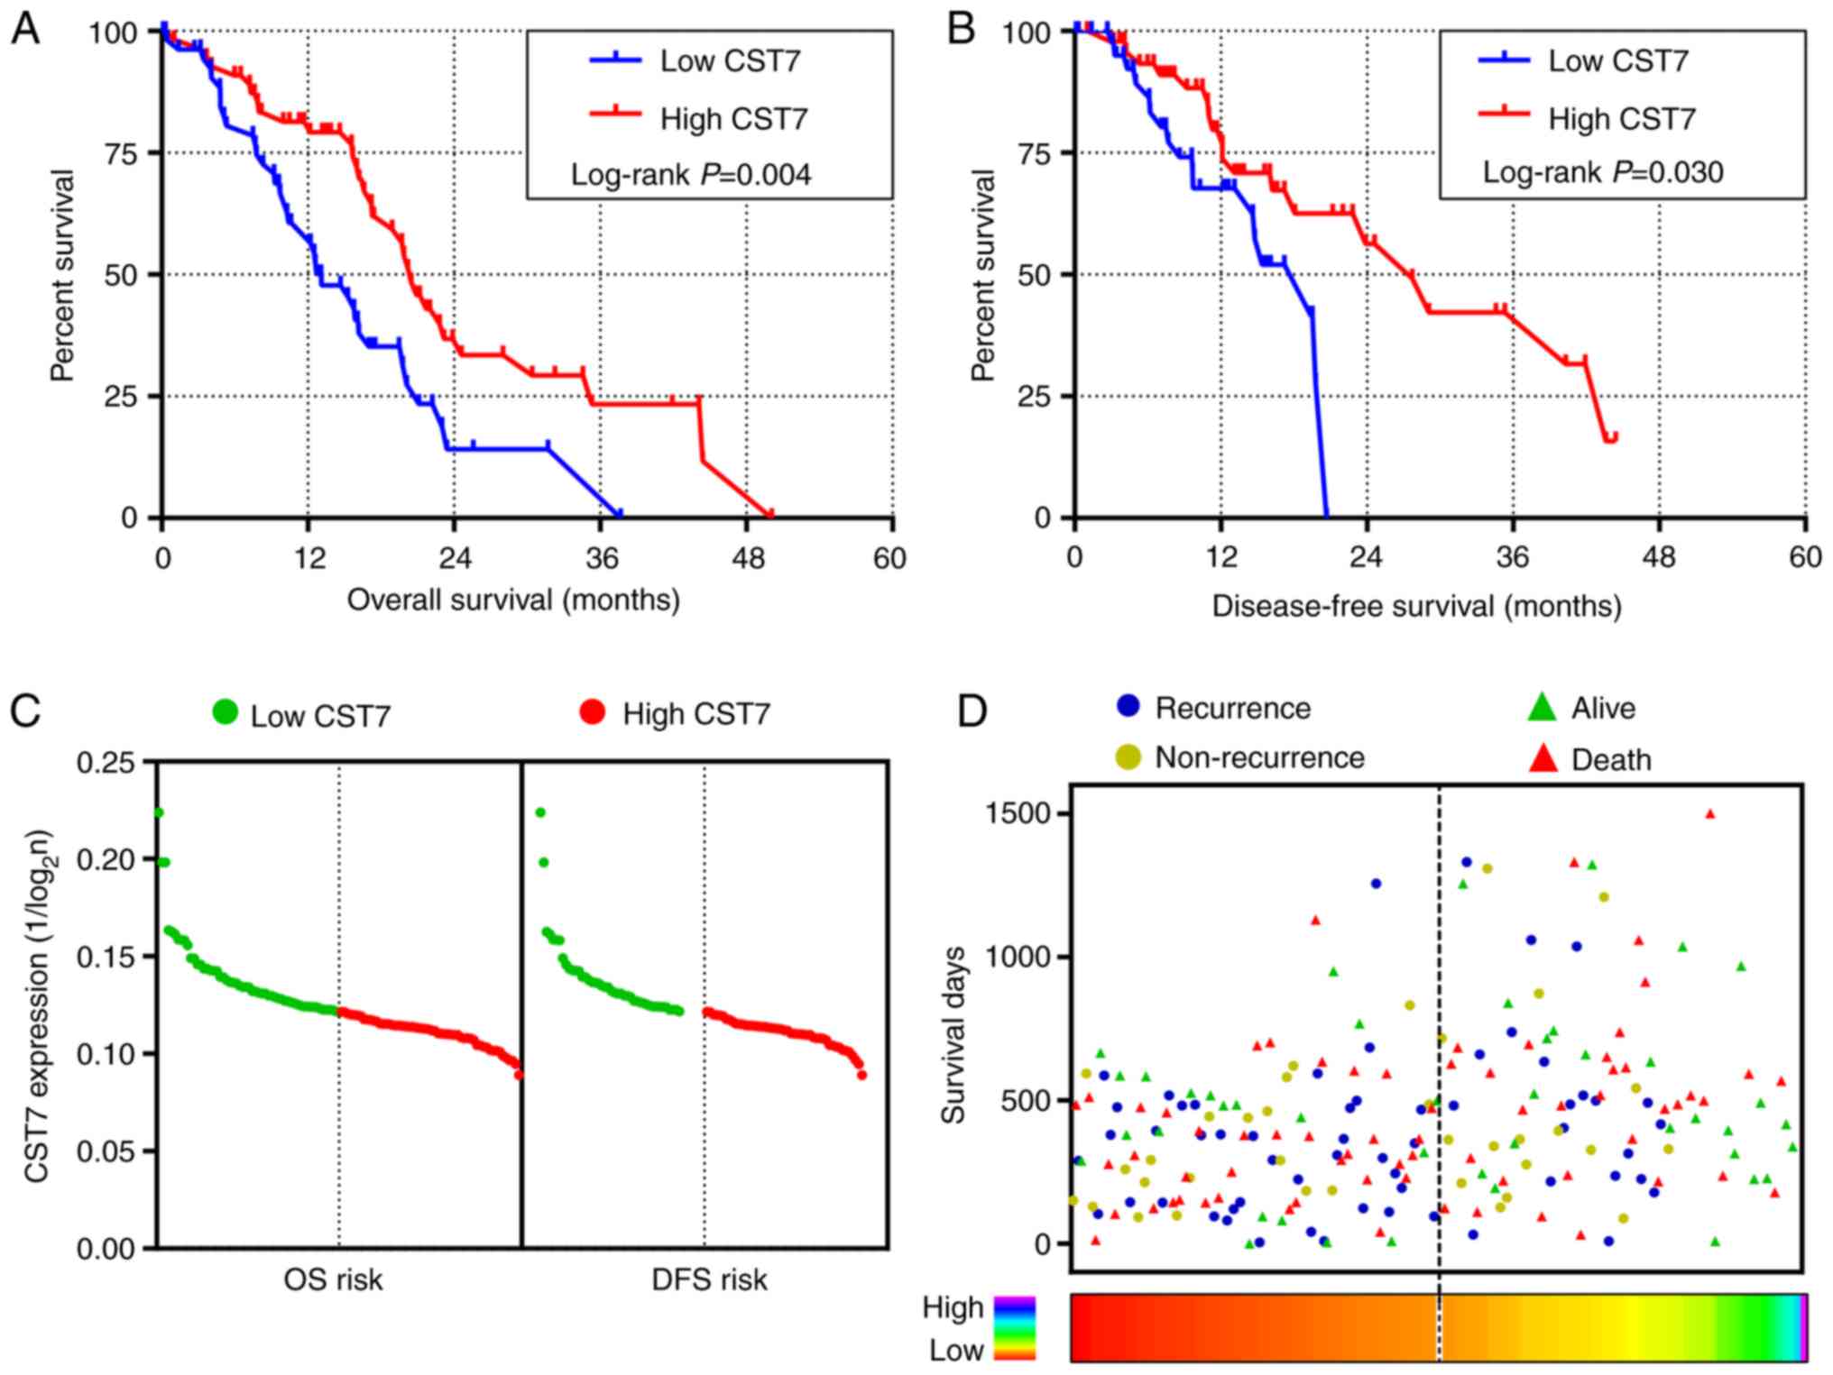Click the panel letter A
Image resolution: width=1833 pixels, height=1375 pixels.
pos(24,30)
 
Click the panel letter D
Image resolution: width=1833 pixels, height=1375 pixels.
pos(972,711)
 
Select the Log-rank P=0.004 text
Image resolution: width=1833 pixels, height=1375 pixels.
pos(691,174)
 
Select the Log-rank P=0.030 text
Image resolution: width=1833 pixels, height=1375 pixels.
pos(1603,172)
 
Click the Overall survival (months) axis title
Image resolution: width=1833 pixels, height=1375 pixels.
pos(513,600)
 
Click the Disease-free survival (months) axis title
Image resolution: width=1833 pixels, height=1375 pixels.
pos(1416,606)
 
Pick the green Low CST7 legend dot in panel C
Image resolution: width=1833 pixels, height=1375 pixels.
pos(225,712)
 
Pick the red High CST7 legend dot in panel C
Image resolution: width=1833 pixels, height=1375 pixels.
pos(593,712)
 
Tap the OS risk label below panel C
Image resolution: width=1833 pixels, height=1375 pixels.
pos(333,1279)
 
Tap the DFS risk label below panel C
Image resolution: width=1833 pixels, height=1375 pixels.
pos(709,1279)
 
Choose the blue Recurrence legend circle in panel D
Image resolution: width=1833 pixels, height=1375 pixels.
pos(1128,706)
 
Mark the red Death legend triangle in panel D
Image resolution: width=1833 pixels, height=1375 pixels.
pos(1543,758)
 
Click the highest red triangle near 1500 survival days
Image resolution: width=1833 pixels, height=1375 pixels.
pos(1709,814)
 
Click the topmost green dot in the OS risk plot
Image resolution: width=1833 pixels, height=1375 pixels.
pos(158,813)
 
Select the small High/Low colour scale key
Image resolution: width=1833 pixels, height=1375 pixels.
pos(1015,1327)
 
